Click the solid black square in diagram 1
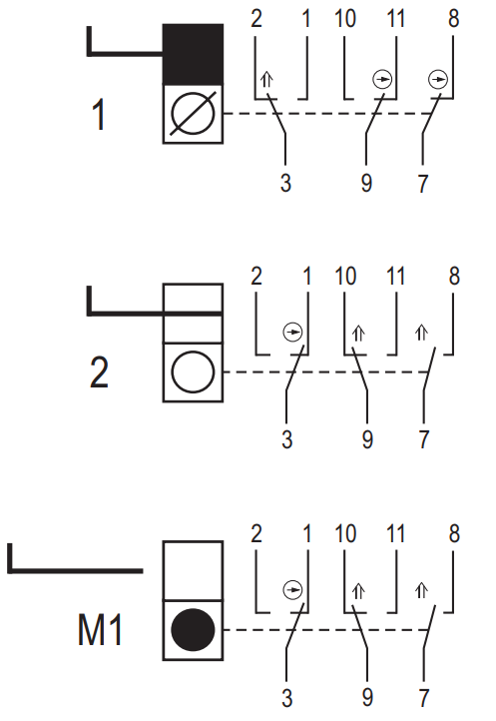point(193,54)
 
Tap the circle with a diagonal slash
point(193,113)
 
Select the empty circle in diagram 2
point(193,372)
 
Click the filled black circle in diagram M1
point(193,630)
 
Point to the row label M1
point(100,630)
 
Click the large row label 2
point(99,372)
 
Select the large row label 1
point(99,114)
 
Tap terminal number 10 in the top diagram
point(345,19)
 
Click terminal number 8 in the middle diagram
point(454,277)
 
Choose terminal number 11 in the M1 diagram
point(395,534)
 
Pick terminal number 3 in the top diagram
point(286,183)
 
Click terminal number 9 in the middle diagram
point(367,439)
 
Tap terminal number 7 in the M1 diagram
point(424,698)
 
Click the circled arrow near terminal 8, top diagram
point(438,80)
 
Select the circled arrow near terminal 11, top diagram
point(382,80)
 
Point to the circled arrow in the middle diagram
point(292,332)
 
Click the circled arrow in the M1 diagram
point(292,589)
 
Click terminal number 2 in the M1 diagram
point(256,534)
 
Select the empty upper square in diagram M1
point(193,570)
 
